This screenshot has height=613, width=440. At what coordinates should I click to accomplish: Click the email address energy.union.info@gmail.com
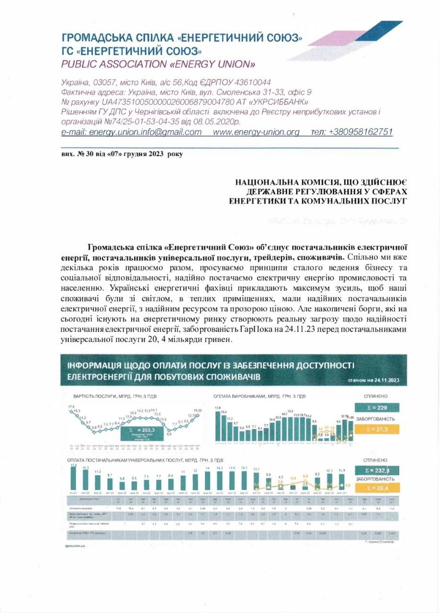(132, 132)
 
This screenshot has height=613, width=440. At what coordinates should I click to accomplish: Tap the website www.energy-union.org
(256, 132)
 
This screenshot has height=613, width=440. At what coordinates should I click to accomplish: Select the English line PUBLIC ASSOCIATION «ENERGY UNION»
(158, 64)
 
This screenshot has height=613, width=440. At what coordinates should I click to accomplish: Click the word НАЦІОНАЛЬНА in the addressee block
(269, 182)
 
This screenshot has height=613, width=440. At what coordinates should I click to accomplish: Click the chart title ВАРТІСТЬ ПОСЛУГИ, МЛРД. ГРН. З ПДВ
(114, 397)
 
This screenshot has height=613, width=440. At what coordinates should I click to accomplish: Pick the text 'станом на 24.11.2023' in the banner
(373, 381)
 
